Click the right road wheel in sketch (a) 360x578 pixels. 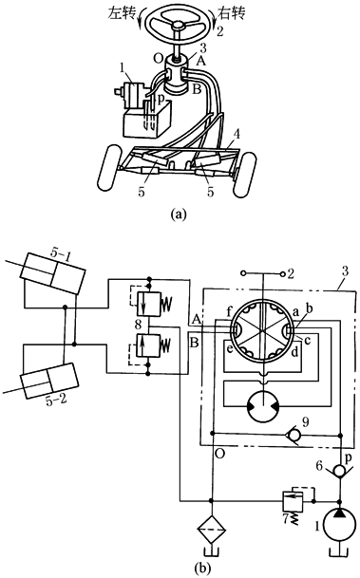tap(244, 174)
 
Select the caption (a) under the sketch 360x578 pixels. tap(180, 214)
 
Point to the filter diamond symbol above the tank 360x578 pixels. tap(212, 530)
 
